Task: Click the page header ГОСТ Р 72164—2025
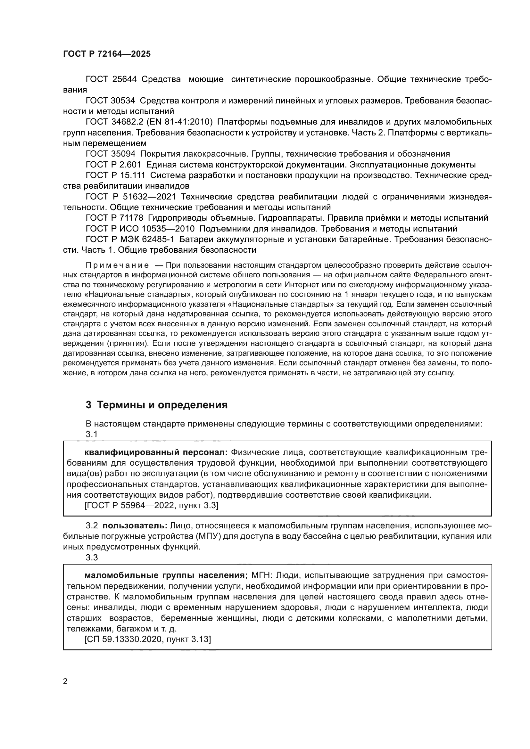[x=107, y=54]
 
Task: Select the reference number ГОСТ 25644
[x=111, y=79]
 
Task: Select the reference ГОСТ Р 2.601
[x=113, y=165]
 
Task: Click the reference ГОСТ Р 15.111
[x=115, y=175]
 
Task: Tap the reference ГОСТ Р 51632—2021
[x=130, y=197]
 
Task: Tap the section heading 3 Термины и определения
[x=157, y=405]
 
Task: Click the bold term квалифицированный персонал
[x=156, y=452]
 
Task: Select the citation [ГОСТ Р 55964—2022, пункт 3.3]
[x=151, y=506]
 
